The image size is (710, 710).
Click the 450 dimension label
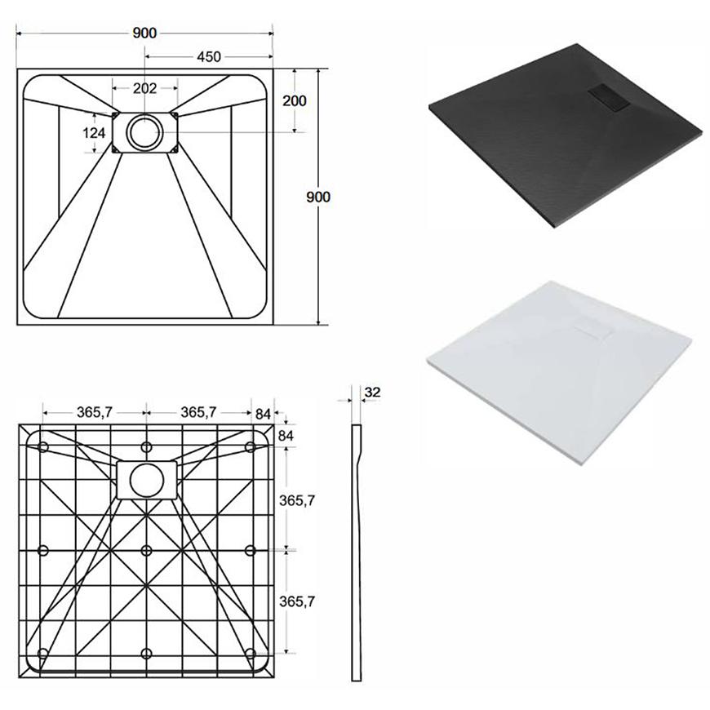click(x=209, y=56)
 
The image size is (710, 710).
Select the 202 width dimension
click(x=144, y=88)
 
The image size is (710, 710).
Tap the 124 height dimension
click(x=94, y=133)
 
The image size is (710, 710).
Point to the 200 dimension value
click(x=295, y=100)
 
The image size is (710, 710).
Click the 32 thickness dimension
click(x=372, y=392)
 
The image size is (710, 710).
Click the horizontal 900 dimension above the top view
click(x=144, y=33)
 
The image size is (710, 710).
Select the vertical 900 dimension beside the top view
click(x=318, y=197)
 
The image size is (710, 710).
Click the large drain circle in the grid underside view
click(x=147, y=481)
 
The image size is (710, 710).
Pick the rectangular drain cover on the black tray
click(x=609, y=97)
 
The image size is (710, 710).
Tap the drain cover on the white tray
click(x=593, y=331)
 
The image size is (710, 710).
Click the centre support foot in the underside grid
click(x=146, y=551)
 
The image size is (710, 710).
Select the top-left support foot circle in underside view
click(x=43, y=447)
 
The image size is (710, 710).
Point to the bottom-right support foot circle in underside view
click(x=251, y=654)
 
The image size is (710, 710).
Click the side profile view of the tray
click(x=357, y=552)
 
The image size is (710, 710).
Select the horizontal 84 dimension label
click(x=263, y=414)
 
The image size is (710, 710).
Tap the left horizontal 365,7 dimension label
click(x=95, y=412)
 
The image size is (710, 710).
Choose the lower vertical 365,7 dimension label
click(x=296, y=601)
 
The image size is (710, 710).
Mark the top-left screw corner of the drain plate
click(x=116, y=116)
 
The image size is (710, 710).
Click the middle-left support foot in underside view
click(x=43, y=551)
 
